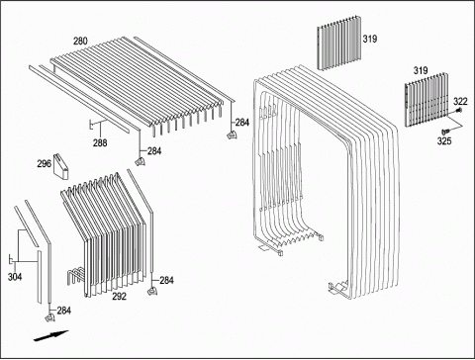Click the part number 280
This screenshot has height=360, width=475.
(80, 42)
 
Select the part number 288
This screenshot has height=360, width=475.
(100, 142)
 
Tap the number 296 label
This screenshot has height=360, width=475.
(45, 163)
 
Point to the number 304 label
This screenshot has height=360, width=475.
(15, 277)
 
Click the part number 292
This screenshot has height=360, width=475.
(119, 297)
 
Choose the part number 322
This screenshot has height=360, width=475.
(460, 101)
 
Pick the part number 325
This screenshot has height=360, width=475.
(444, 141)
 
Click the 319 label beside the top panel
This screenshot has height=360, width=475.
(370, 39)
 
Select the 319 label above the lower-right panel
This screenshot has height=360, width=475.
(421, 70)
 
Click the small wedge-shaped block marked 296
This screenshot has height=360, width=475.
(61, 167)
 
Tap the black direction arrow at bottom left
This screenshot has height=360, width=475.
(51, 335)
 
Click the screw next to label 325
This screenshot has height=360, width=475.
(446, 132)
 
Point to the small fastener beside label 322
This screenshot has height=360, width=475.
(459, 110)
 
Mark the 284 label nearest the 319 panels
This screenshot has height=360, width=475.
(242, 123)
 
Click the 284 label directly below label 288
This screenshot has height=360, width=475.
(154, 151)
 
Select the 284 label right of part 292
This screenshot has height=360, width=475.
(166, 281)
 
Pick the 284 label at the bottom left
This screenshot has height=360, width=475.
(64, 311)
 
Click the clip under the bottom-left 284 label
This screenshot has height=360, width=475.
(49, 317)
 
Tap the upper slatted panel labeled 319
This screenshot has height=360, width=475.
(339, 43)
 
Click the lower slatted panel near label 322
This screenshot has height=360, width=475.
(427, 101)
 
